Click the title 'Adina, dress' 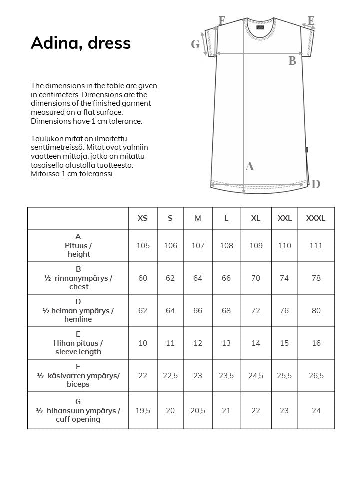click(x=81, y=43)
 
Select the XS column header click(x=143, y=218)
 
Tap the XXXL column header click(x=316, y=218)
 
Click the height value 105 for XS click(x=143, y=246)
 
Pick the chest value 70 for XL click(x=256, y=278)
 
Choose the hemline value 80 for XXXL click(x=316, y=311)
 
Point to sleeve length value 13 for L click(x=226, y=343)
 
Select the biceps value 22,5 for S click(x=170, y=376)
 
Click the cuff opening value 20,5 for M click(x=198, y=411)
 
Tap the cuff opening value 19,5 click(x=143, y=411)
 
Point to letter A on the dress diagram click(x=250, y=167)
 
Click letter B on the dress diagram click(x=292, y=61)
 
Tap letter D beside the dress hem click(x=316, y=184)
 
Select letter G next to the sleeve click(x=195, y=44)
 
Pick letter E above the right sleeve click(x=311, y=21)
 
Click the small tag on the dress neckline click(x=260, y=28)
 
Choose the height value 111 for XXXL click(x=316, y=246)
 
